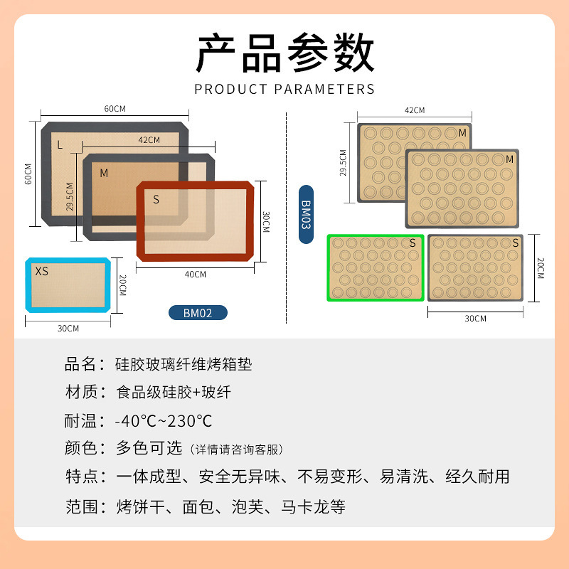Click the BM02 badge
(198, 312)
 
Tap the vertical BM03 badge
(306, 214)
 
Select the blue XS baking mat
(68, 284)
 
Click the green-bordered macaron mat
(376, 267)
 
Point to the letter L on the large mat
(60, 145)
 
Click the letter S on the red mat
(156, 199)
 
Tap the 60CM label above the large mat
(115, 109)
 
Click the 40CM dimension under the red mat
(195, 274)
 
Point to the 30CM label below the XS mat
(68, 329)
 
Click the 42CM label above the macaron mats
(414, 110)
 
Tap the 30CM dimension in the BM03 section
(475, 319)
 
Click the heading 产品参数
(284, 53)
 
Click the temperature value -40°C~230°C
(164, 420)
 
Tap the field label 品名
(80, 365)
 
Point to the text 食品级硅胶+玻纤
(174, 392)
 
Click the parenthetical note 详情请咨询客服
(238, 450)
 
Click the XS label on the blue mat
(42, 271)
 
